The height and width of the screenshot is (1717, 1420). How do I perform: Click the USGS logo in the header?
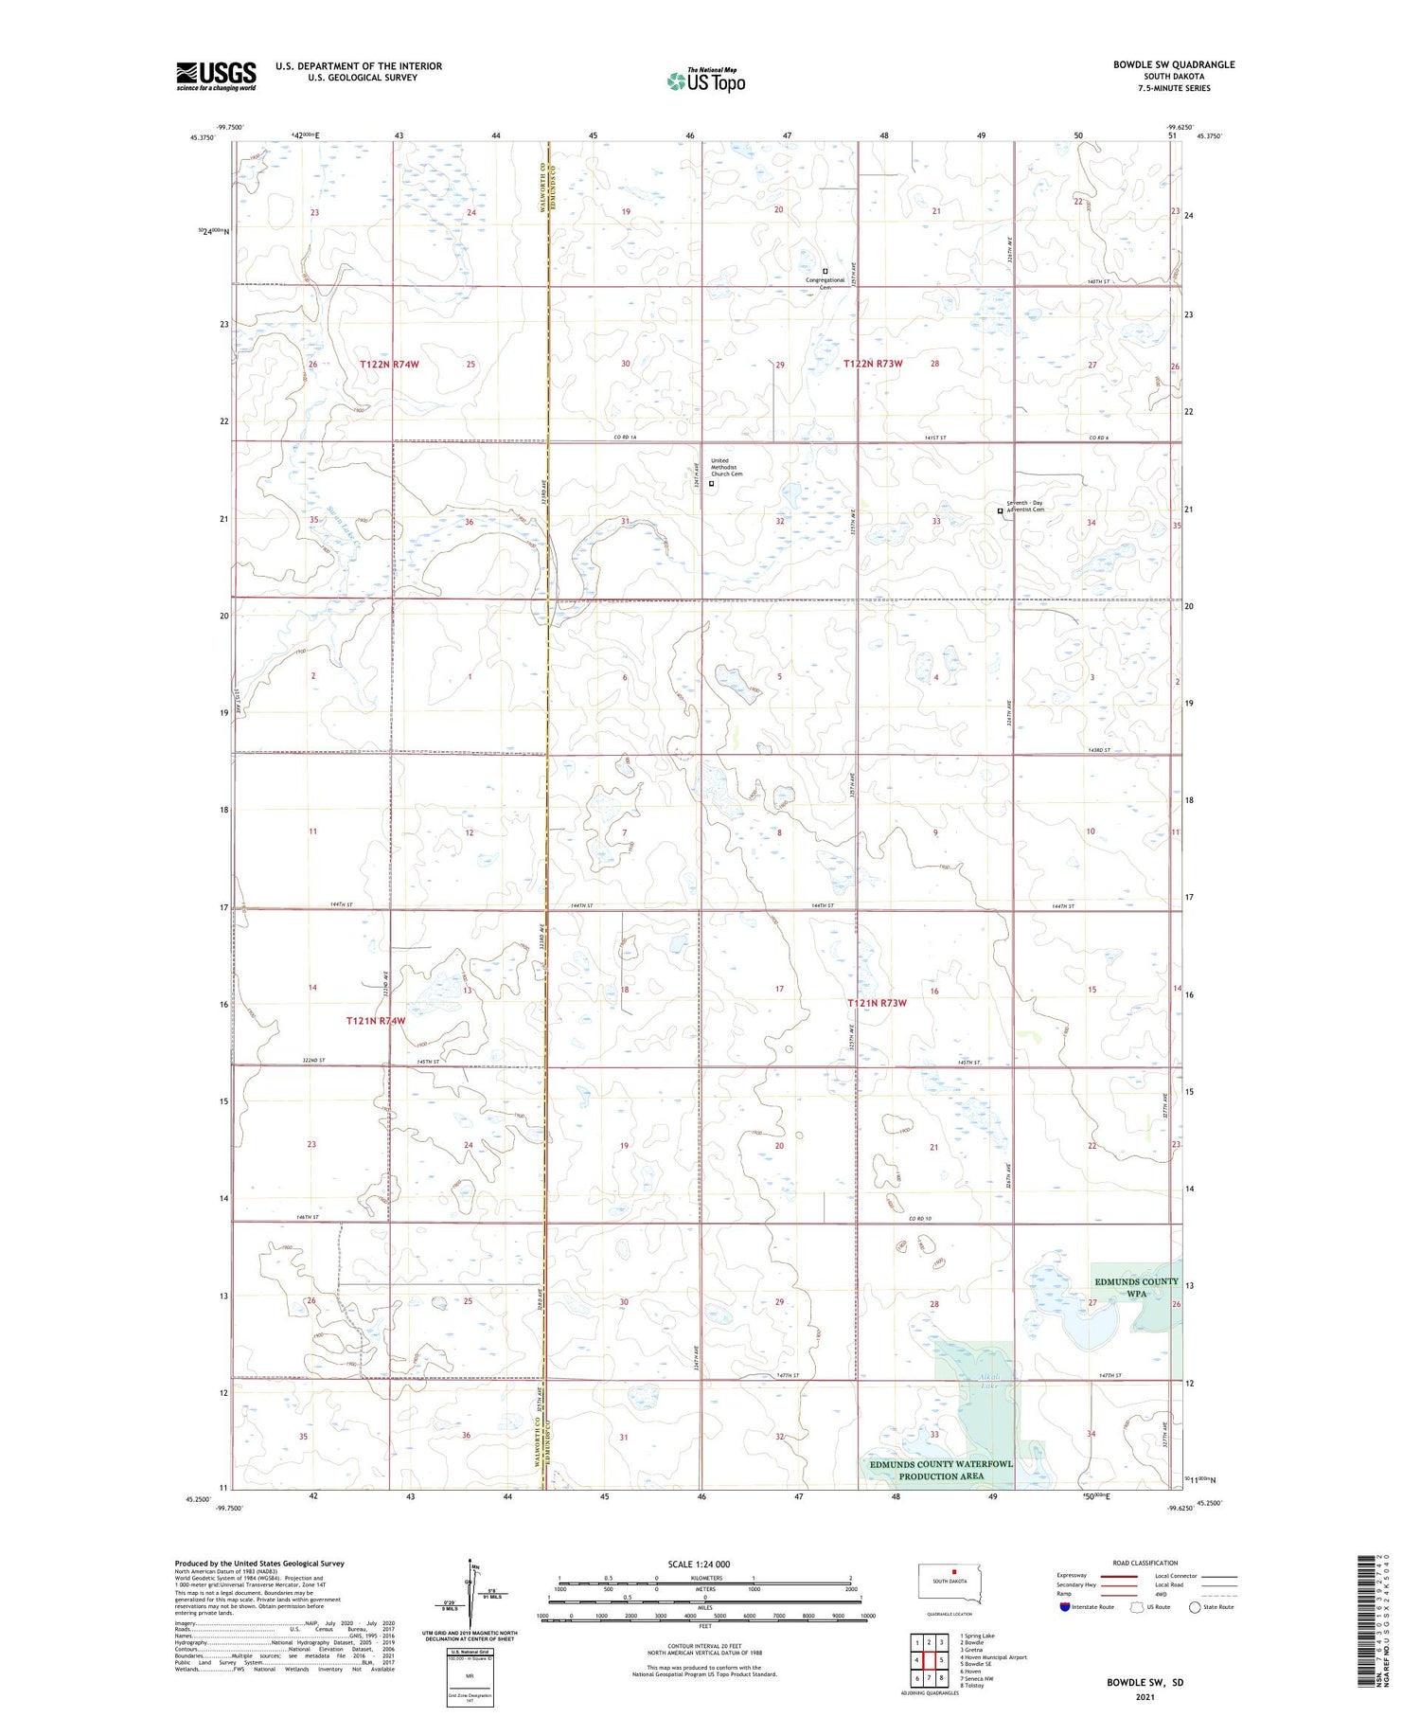pyautogui.click(x=216, y=76)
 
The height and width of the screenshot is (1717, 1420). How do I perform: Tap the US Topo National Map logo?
pyautogui.click(x=705, y=80)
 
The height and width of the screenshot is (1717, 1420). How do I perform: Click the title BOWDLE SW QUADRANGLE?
pyautogui.click(x=1173, y=64)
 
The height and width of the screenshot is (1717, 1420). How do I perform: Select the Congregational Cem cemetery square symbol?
pyautogui.click(x=825, y=271)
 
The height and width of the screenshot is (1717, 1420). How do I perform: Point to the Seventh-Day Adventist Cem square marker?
pyautogui.click(x=1001, y=510)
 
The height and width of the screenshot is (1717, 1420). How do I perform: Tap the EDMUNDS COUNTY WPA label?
pyautogui.click(x=1136, y=1287)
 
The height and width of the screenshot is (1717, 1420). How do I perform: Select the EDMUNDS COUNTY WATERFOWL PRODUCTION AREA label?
pyautogui.click(x=941, y=1469)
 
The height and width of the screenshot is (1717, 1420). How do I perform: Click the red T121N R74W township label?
pyautogui.click(x=375, y=1021)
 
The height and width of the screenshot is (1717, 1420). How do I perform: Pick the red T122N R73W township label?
pyautogui.click(x=873, y=364)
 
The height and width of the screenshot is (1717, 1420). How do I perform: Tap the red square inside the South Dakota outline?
pyautogui.click(x=955, y=1573)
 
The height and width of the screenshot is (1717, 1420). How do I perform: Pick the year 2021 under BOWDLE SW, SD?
pyautogui.click(x=1145, y=1697)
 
